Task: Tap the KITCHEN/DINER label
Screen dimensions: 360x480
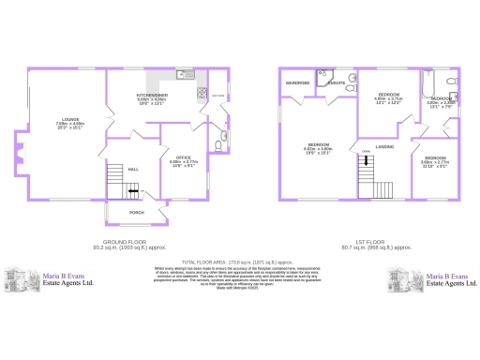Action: (152, 94)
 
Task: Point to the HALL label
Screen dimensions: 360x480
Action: (133, 169)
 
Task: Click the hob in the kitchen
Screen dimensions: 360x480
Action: (202, 92)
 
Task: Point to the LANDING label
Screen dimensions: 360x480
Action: (383, 147)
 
